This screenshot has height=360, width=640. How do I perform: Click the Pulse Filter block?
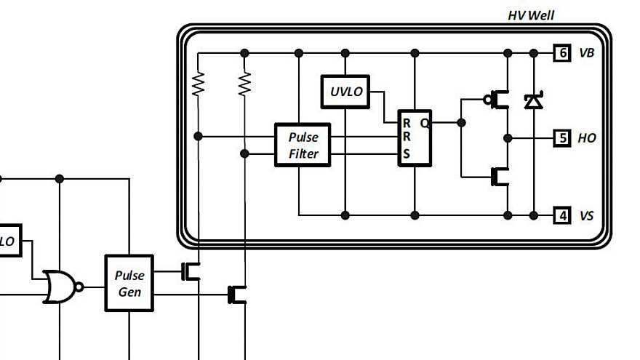(303, 145)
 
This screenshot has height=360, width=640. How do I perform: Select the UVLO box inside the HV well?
(345, 92)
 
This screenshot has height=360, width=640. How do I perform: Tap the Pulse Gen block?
(129, 283)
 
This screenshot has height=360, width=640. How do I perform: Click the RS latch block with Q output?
(415, 138)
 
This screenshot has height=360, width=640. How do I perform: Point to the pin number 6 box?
(561, 53)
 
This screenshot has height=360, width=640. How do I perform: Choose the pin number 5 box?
(561, 137)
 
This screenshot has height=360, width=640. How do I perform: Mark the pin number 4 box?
(561, 215)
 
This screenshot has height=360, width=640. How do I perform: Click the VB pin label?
(587, 53)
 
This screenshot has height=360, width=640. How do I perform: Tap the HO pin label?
(587, 137)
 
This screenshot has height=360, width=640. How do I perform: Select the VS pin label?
(586, 216)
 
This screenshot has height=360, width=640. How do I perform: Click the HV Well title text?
(531, 15)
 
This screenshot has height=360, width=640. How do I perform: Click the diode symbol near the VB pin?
(534, 100)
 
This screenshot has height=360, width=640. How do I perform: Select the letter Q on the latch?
(424, 124)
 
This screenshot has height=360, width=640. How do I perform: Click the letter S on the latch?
(407, 153)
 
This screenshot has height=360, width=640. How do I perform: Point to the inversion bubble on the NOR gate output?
(80, 287)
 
